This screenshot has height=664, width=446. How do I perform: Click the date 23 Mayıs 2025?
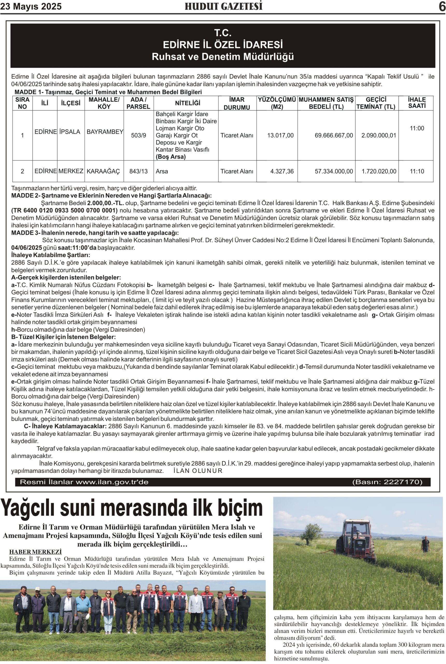click(31, 6)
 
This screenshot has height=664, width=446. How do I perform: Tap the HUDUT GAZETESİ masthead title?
click(223, 6)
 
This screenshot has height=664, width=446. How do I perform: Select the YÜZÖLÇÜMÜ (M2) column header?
click(277, 103)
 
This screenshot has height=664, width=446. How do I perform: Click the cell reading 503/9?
click(139, 135)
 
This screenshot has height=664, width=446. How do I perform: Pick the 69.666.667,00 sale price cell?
click(334, 135)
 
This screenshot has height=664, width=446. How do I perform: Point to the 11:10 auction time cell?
click(417, 171)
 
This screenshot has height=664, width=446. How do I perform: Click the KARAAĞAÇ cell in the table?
click(103, 171)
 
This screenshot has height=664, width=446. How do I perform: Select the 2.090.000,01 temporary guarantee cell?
click(379, 135)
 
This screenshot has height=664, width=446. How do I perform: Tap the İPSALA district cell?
click(70, 132)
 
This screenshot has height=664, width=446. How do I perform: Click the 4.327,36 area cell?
click(282, 171)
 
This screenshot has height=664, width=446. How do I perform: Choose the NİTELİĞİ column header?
click(187, 103)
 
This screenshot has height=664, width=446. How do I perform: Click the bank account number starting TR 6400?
click(65, 211)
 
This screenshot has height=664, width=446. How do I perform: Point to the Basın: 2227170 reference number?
click(387, 482)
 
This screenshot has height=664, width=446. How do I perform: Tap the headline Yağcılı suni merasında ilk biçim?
click(131, 508)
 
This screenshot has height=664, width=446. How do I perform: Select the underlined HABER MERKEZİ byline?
click(35, 552)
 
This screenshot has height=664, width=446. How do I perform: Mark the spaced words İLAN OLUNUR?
click(198, 471)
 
